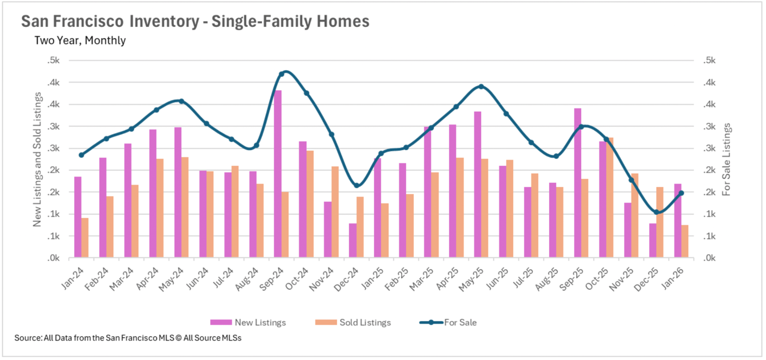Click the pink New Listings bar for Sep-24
pos(278,174)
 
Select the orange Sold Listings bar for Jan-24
pos(85,237)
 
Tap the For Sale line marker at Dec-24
pos(357,185)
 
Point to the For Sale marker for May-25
pos(481,87)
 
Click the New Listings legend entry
pos(248,322)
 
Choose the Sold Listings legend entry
pos(353,322)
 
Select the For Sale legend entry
pos(448,322)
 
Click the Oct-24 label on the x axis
pos(297,279)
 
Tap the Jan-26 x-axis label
pos(673,278)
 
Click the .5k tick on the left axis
pos(53,61)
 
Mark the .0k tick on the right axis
pos(709,258)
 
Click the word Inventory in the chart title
pos(164,22)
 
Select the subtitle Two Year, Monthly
pos(80,41)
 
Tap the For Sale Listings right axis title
pos(727,159)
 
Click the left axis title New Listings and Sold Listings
pos(37,159)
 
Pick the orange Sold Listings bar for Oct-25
pos(610,198)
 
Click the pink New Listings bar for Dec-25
pos(653,240)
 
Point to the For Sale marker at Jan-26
pos(681,193)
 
